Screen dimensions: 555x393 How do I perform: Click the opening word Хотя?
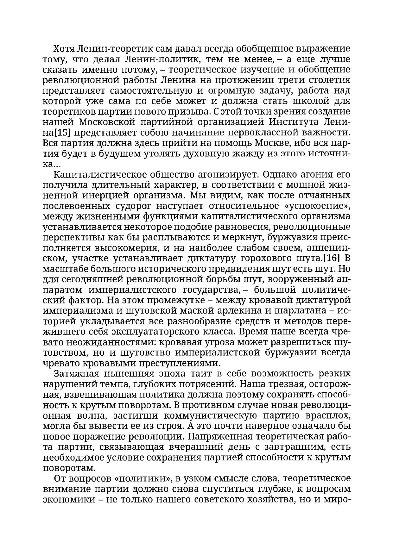[64, 49]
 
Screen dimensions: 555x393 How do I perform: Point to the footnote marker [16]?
[331, 258]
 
